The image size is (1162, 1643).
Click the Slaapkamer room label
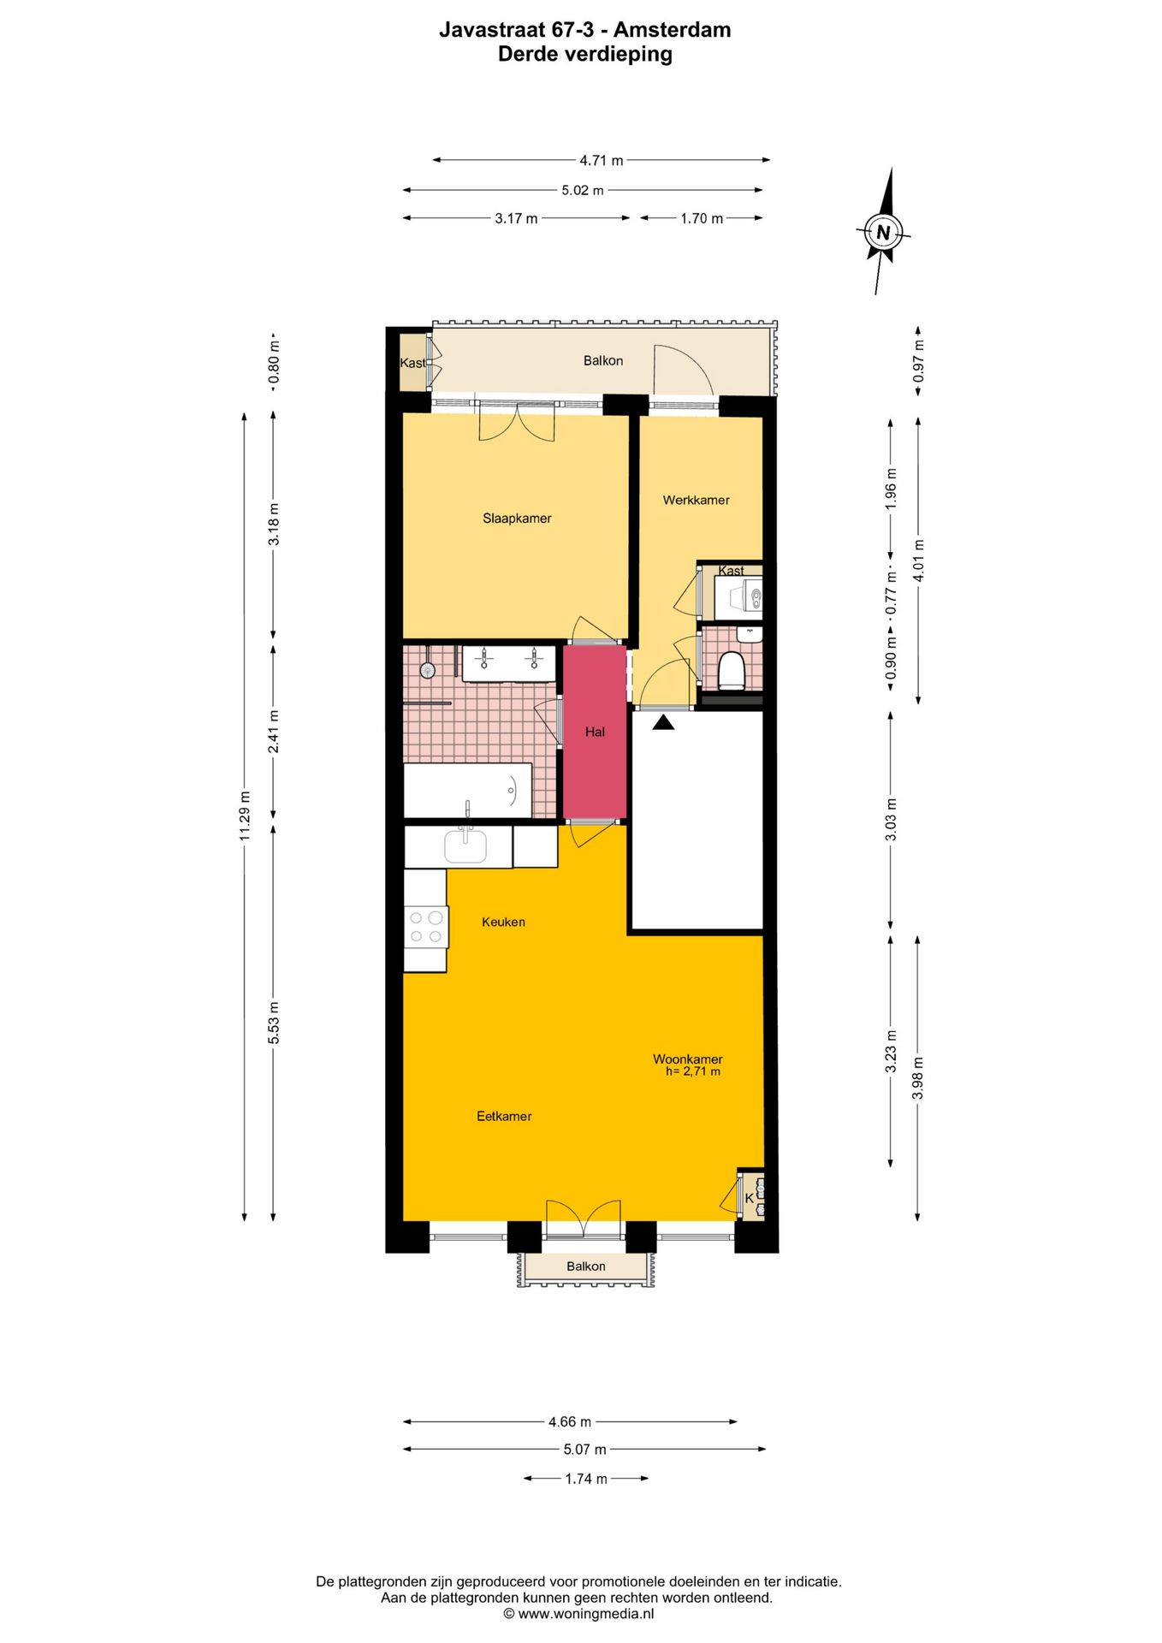[517, 518]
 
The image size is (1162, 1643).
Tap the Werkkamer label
[696, 500]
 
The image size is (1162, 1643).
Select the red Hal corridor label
[595, 732]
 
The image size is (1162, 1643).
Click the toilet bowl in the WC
[732, 670]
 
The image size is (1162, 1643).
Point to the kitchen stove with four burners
[425, 927]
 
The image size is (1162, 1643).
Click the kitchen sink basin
[465, 846]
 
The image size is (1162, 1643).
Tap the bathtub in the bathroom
[467, 791]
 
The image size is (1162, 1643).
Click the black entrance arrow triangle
[663, 723]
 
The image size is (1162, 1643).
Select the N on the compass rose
[883, 232]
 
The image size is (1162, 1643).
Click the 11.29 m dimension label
[245, 823]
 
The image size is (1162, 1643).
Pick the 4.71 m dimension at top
[601, 160]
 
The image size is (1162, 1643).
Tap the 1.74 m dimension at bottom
[586, 1479]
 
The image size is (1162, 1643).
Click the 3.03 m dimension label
[891, 819]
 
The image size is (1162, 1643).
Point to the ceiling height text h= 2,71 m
[692, 1071]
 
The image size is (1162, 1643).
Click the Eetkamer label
[504, 1116]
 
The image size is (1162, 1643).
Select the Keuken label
[503, 922]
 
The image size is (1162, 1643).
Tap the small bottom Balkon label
[585, 1266]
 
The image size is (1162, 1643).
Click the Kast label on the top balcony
[412, 363]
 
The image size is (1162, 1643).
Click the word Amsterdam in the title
[672, 30]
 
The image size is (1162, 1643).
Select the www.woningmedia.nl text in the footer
[585, 1614]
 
